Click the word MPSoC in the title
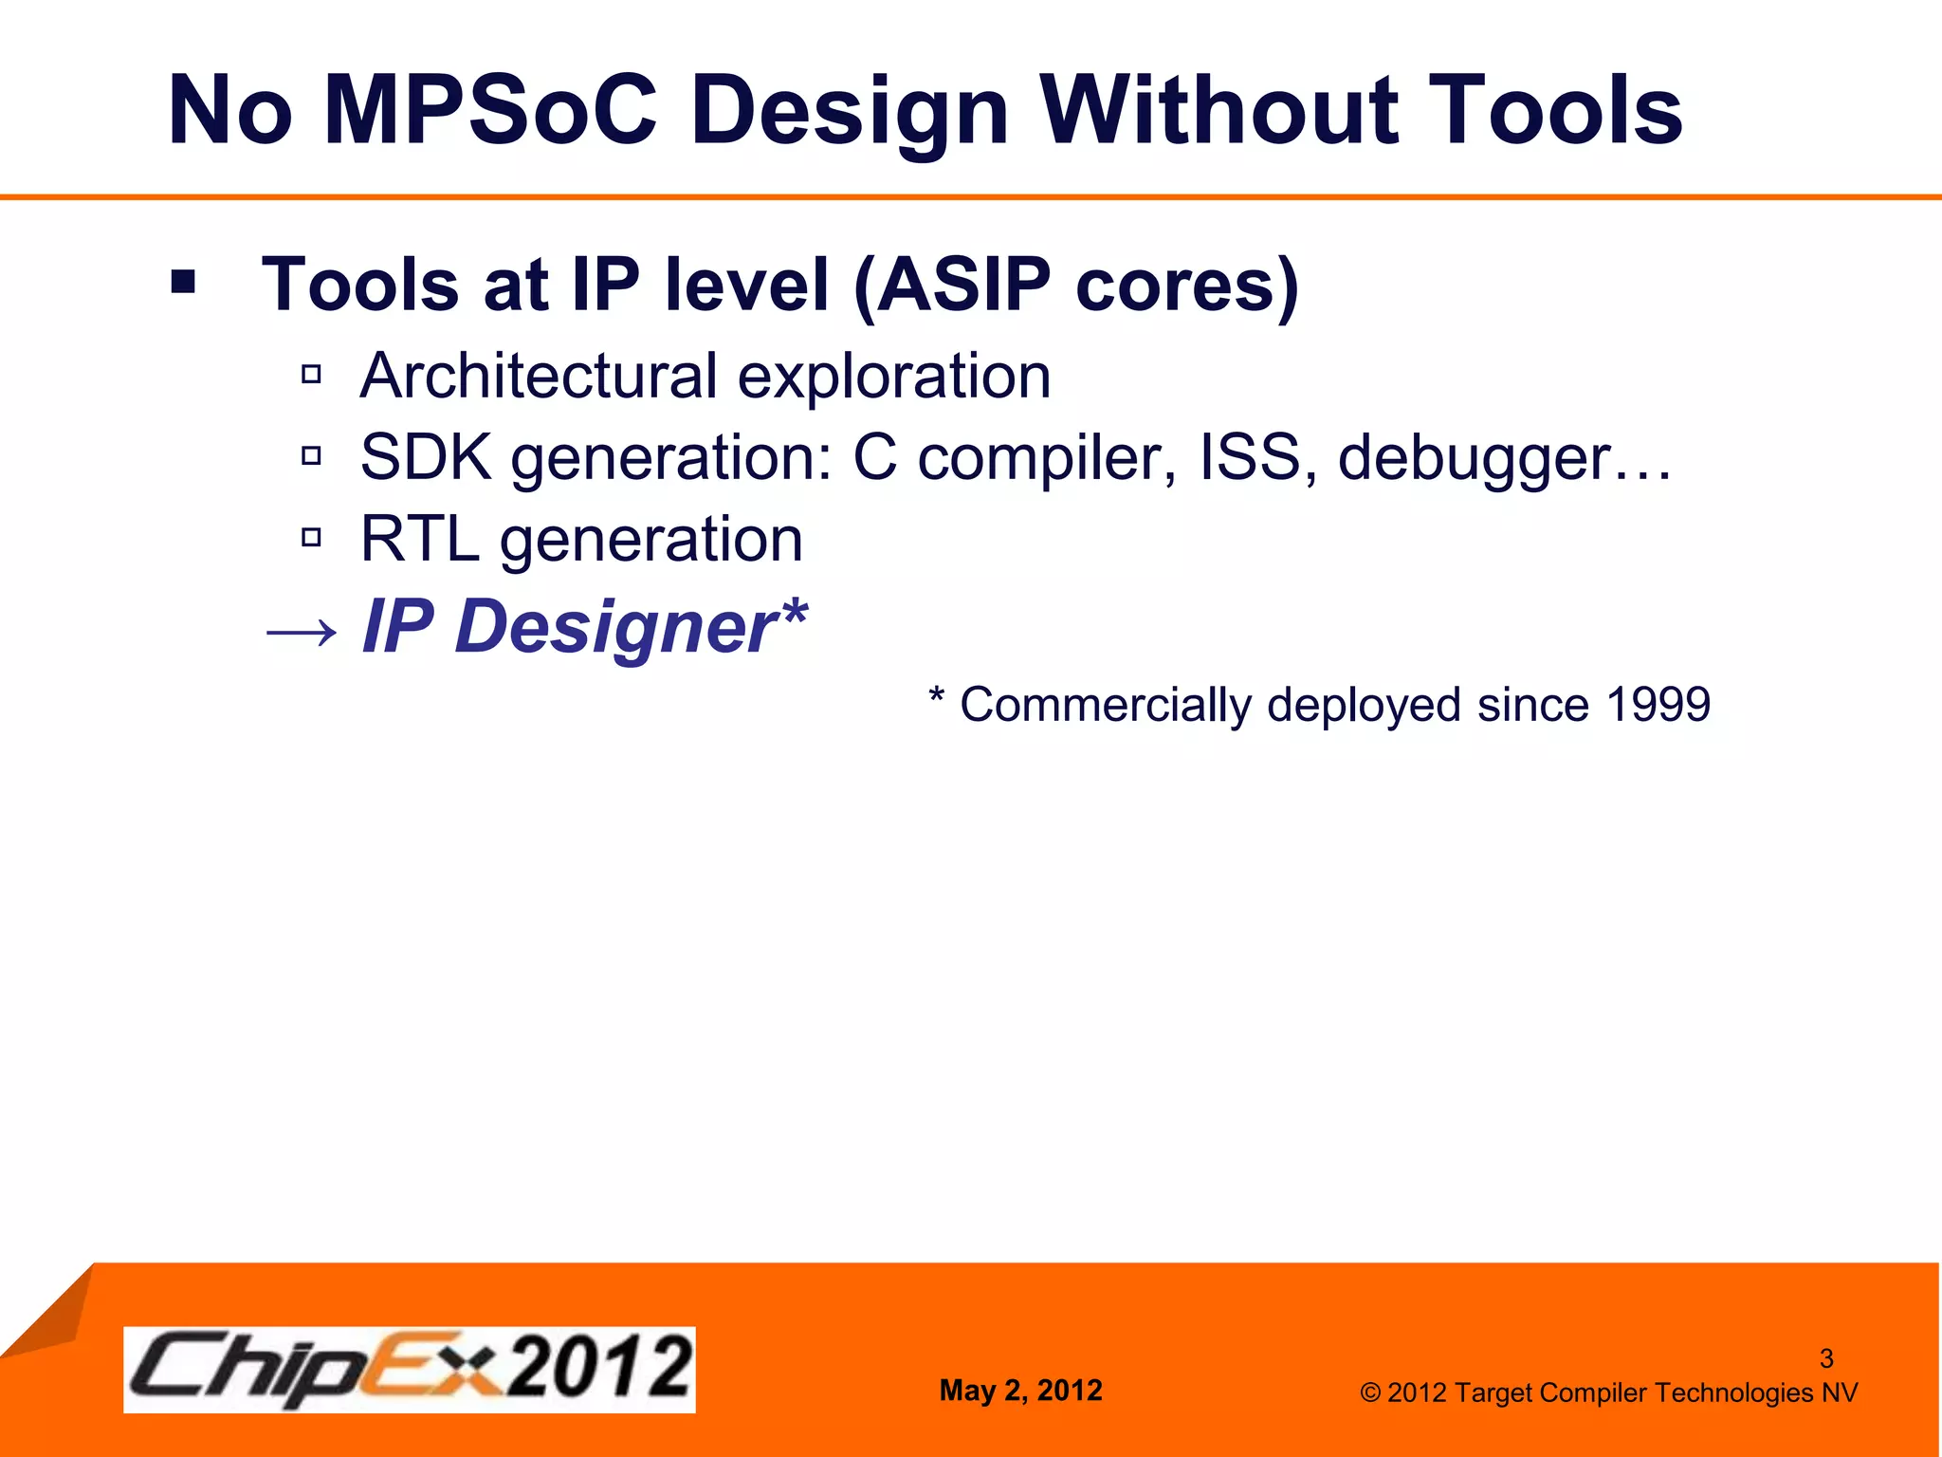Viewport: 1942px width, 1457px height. [x=489, y=111]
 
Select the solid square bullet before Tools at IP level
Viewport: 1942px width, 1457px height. [x=183, y=282]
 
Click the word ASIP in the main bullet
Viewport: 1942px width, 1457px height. [x=962, y=285]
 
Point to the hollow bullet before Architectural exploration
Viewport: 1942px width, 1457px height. [x=311, y=375]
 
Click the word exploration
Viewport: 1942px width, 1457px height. [x=893, y=377]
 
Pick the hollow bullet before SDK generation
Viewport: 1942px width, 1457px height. [x=311, y=457]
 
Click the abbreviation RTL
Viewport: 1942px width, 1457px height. [x=418, y=540]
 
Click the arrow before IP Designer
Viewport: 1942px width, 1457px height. [x=301, y=631]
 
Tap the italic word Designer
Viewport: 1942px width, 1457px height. [x=617, y=627]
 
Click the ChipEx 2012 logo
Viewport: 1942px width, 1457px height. [x=410, y=1369]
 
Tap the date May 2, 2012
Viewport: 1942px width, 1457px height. [x=1020, y=1391]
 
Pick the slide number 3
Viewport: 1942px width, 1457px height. [x=1826, y=1358]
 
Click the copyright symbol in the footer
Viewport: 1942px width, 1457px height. [x=1370, y=1392]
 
